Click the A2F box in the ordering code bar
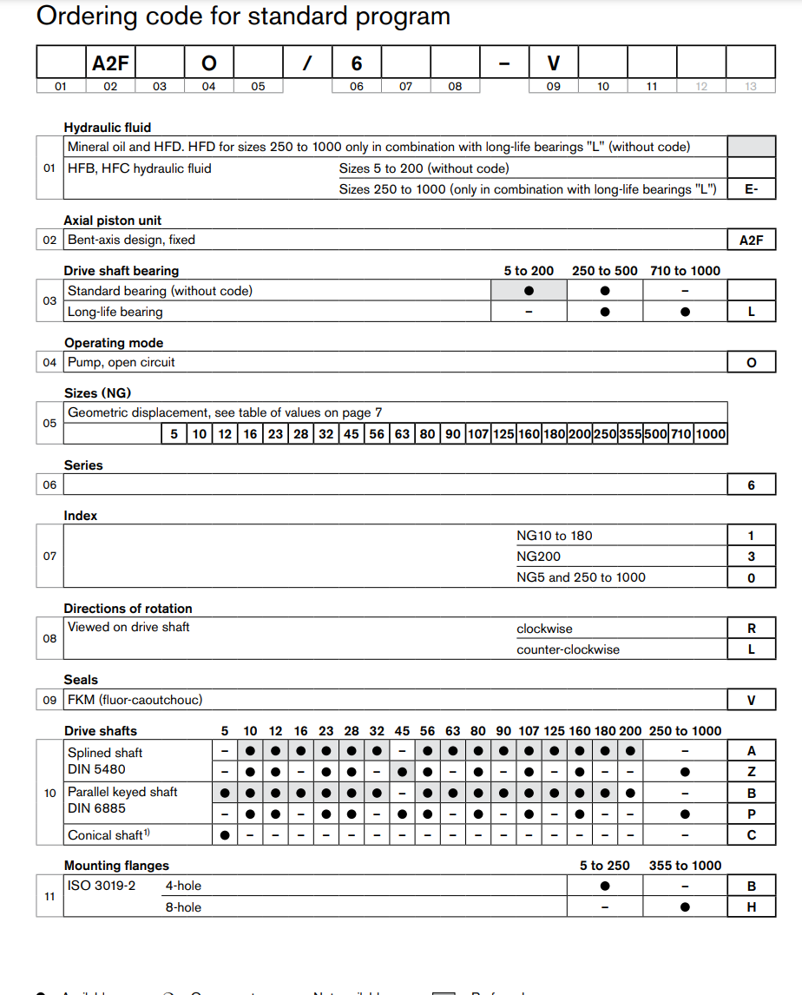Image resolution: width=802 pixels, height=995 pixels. [110, 63]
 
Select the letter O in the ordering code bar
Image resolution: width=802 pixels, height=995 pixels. [208, 63]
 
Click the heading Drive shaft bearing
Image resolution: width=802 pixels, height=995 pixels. [122, 271]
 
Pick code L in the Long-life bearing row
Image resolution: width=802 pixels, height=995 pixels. [751, 312]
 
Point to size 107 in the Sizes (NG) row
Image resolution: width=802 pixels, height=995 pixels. [478, 434]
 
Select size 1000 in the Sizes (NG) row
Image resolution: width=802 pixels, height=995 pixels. [710, 434]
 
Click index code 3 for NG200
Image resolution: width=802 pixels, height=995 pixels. [751, 557]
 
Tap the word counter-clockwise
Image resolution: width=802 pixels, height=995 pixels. [568, 649]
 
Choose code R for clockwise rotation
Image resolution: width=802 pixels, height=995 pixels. [751, 629]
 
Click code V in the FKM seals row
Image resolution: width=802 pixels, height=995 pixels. [751, 701]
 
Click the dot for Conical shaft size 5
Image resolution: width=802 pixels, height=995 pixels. [225, 835]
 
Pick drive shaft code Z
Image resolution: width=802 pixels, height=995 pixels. [751, 772]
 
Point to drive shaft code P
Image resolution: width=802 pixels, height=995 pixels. [751, 814]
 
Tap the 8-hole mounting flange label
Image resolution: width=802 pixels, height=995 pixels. [183, 907]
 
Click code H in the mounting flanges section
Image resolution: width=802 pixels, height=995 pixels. [751, 907]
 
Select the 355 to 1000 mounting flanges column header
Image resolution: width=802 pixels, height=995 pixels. [685, 866]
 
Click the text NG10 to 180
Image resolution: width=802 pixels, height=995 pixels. [554, 536]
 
